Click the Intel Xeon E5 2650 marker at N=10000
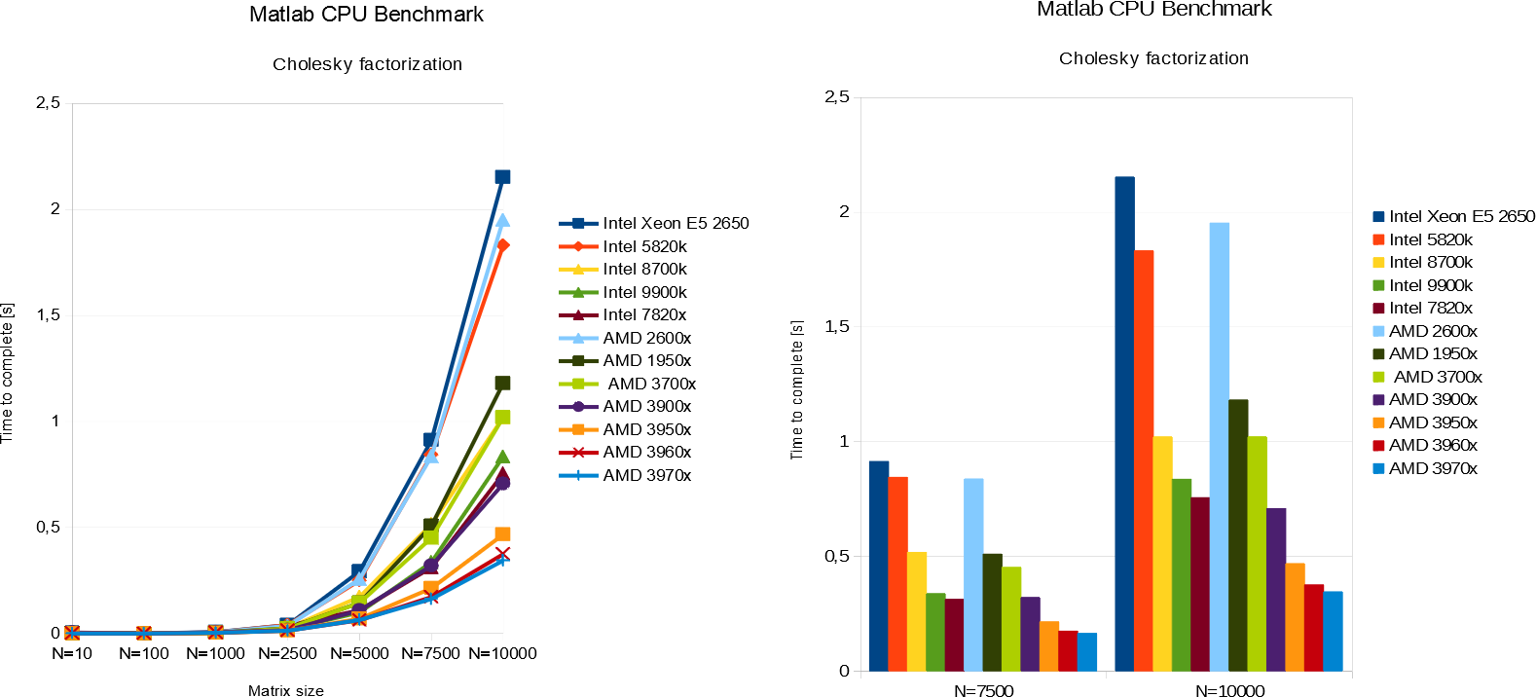tap(502, 177)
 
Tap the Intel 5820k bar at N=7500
tap(897, 573)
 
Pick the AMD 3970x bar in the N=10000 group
tap(1333, 631)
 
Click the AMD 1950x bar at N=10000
tap(1238, 534)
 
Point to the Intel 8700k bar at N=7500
tap(917, 610)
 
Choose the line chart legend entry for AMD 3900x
tap(646, 406)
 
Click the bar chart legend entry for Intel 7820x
tap(1430, 308)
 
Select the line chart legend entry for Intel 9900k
tap(644, 292)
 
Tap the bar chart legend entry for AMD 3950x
tap(1432, 422)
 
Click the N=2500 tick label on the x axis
tap(287, 653)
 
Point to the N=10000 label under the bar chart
tap(1229, 691)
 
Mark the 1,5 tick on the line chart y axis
tap(48, 314)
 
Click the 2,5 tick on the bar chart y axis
tap(836, 96)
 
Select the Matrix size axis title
tap(285, 690)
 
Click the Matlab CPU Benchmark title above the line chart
tap(366, 15)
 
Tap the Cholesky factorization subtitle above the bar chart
tap(1153, 58)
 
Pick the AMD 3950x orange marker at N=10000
tap(502, 533)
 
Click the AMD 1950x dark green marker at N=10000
tap(502, 384)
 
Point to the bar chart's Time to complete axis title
tap(797, 389)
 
